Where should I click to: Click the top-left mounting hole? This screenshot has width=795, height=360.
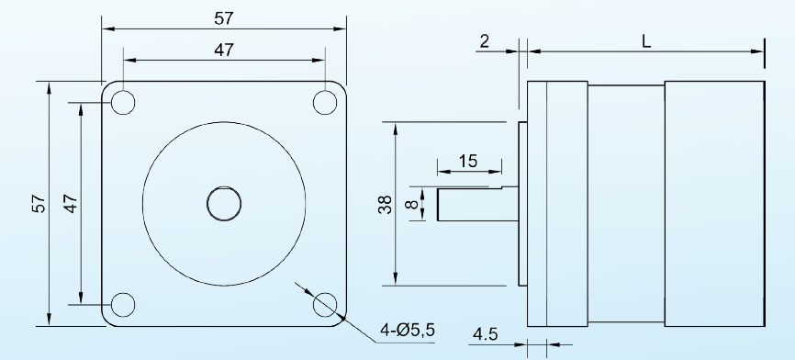[123, 103]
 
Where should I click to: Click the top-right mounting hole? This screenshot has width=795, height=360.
[325, 103]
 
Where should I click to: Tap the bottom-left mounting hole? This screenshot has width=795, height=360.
[123, 305]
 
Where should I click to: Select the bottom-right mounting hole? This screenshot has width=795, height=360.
[325, 305]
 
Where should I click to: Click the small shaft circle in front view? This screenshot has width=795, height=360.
[224, 204]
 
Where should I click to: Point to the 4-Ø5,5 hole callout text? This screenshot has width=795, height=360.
[408, 330]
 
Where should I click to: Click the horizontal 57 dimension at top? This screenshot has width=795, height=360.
[224, 18]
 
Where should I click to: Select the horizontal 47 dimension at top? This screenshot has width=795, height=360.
[224, 50]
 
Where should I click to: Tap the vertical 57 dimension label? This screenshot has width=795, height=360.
[39, 204]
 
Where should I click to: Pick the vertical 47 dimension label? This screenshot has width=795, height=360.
[71, 204]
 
